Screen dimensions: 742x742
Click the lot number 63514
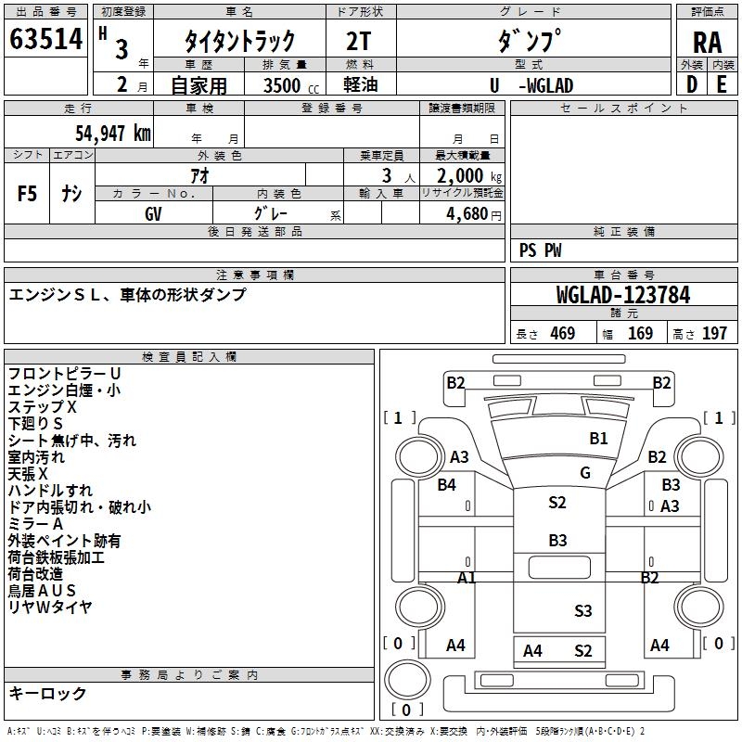click(x=46, y=39)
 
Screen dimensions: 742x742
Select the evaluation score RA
click(x=708, y=43)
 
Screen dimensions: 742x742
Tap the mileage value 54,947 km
click(x=113, y=134)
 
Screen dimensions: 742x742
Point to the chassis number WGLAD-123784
click(x=623, y=295)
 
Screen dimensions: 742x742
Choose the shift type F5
click(x=27, y=194)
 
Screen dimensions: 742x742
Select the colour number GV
click(x=153, y=214)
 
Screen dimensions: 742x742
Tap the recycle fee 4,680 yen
click(x=474, y=214)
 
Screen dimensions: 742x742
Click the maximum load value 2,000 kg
click(x=469, y=176)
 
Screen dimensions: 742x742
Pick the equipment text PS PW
click(x=540, y=250)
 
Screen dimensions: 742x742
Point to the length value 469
click(x=563, y=333)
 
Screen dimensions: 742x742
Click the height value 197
click(x=714, y=333)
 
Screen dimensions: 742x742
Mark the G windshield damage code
click(x=585, y=473)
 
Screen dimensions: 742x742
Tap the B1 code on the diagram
click(x=598, y=439)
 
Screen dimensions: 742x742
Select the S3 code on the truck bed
click(x=583, y=611)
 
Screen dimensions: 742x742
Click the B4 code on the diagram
click(x=447, y=485)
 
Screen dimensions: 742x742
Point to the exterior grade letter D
click(x=692, y=84)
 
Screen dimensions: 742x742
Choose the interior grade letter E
click(x=722, y=84)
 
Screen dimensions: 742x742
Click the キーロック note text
click(x=47, y=693)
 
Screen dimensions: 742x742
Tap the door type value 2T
click(x=359, y=42)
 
